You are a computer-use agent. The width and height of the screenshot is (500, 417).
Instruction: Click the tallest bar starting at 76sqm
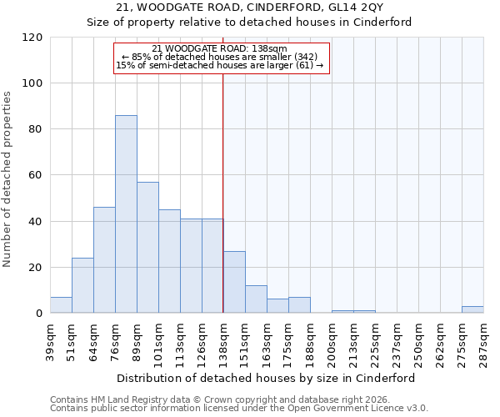126,214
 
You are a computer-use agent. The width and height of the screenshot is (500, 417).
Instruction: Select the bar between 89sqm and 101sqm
147,248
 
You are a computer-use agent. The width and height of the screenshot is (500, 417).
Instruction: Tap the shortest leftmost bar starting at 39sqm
61,305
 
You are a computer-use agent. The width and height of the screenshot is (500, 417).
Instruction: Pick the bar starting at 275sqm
472,309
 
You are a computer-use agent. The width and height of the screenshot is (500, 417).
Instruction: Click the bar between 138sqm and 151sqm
234,282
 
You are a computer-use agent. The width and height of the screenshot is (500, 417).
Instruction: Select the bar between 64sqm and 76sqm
104,260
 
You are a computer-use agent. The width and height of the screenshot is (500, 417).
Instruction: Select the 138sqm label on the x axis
223,341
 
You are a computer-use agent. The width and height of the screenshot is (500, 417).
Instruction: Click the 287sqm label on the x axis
483,341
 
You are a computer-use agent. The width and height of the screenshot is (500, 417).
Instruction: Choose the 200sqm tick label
332,341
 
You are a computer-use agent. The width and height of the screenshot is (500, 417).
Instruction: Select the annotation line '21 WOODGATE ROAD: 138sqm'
220,49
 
